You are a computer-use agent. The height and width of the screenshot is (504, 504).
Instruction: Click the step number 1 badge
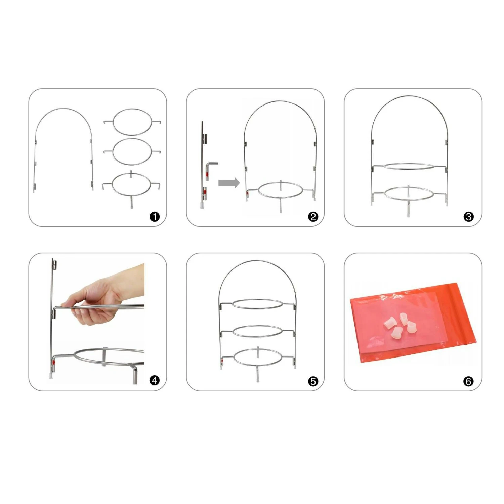(x=155, y=217)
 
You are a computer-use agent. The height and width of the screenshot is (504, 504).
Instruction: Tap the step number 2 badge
(x=313, y=217)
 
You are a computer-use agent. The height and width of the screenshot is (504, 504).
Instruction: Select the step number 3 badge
(x=468, y=217)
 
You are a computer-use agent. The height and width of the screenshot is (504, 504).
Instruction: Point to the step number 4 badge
(x=155, y=380)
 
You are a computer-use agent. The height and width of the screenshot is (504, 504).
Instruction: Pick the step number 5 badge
(x=313, y=381)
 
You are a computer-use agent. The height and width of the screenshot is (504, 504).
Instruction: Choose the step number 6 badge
(x=468, y=381)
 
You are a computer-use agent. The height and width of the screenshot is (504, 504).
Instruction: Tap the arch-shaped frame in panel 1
(x=64, y=109)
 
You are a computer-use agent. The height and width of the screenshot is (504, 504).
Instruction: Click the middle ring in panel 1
(x=132, y=139)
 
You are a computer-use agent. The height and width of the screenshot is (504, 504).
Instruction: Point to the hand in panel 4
(x=101, y=296)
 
